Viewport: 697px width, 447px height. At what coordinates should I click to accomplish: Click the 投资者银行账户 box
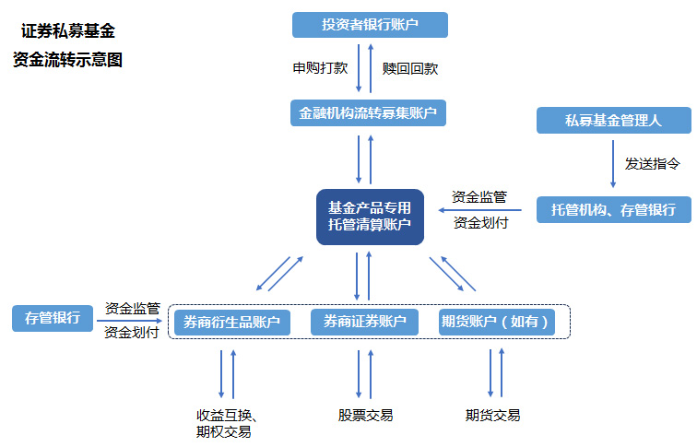[370, 25]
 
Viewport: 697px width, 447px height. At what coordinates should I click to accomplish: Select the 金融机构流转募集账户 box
[368, 113]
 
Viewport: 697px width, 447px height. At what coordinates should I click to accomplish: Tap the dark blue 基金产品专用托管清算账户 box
[370, 217]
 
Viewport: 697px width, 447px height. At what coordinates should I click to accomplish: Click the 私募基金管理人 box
[613, 120]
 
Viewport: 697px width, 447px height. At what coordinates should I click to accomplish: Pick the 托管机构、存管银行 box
[613, 209]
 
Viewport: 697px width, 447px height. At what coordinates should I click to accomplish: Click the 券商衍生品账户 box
[232, 322]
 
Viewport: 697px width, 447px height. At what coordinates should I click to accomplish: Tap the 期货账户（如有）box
[497, 322]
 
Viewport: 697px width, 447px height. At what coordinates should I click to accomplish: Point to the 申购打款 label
[320, 68]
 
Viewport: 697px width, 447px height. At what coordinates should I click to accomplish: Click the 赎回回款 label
[410, 68]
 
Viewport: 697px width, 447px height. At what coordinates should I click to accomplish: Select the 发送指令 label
[652, 163]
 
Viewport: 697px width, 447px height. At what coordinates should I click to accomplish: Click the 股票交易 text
[365, 416]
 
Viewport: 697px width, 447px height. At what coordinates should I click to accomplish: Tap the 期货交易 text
[492, 416]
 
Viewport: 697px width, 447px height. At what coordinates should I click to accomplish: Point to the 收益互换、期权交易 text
[224, 423]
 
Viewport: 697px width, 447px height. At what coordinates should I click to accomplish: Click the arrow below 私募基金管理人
[613, 164]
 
